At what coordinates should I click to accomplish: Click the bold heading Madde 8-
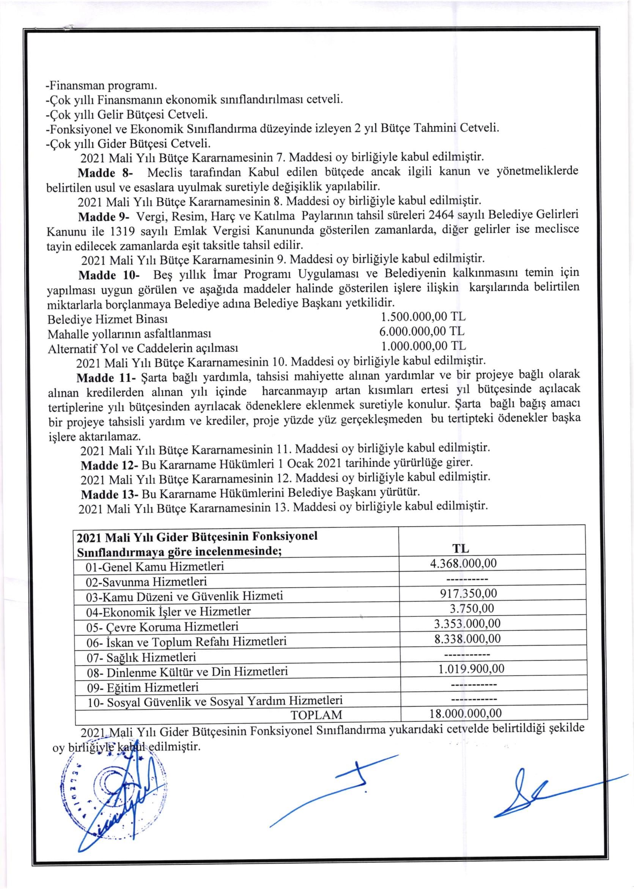pyautogui.click(x=105, y=173)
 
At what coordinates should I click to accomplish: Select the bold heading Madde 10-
pyautogui.click(x=109, y=275)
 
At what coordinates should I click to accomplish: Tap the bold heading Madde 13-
pyautogui.click(x=110, y=495)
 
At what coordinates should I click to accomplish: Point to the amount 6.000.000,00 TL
pyautogui.click(x=422, y=331)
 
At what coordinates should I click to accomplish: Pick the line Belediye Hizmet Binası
pyautogui.click(x=108, y=320)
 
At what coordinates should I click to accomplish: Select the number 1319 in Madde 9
pyautogui.click(x=123, y=231)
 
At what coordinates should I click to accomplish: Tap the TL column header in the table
pyautogui.click(x=461, y=548)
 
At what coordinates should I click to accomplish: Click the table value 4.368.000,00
pyautogui.click(x=463, y=563)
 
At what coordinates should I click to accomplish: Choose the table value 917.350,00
pyautogui.click(x=469, y=594)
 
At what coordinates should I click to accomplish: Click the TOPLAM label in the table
pyautogui.click(x=316, y=715)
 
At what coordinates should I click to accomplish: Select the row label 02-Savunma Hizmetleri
pyautogui.click(x=146, y=582)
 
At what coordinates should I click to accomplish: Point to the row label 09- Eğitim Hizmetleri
pyautogui.click(x=143, y=687)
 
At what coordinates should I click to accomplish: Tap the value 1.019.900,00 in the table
pyautogui.click(x=471, y=669)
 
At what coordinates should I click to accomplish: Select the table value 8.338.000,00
pyautogui.click(x=467, y=639)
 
